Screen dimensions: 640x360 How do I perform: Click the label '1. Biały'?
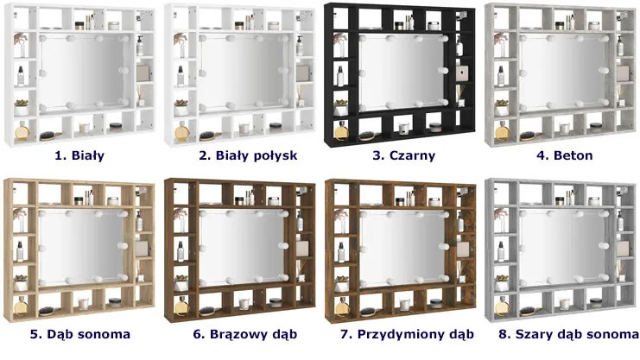tap(79, 155)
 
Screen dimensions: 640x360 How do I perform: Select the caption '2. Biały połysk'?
tap(248, 155)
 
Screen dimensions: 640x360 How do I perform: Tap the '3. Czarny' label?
tap(403, 155)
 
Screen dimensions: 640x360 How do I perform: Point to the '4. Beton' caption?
tap(565, 155)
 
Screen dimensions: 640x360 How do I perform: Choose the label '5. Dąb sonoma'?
tap(80, 334)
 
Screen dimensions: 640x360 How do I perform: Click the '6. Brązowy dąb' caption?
tap(245, 334)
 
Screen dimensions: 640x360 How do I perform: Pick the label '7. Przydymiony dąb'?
tap(407, 334)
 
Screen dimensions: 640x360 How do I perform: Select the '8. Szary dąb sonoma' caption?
tap(568, 334)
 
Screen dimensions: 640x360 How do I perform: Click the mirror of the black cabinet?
tap(402, 73)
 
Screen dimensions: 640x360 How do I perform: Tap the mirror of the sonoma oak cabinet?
tap(81, 248)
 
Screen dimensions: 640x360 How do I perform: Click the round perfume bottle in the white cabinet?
tap(22, 131)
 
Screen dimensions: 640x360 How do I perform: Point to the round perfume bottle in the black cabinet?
tap(341, 131)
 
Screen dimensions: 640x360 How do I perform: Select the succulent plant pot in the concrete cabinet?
tap(502, 107)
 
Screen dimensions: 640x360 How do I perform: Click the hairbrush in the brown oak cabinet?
tap(208, 311)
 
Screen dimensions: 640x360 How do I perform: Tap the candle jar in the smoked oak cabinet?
tap(404, 305)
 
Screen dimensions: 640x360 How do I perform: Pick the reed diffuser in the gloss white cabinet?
tap(301, 97)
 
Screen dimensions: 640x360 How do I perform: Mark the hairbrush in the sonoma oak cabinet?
tap(48, 311)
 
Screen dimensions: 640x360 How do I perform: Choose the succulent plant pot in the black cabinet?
tap(341, 107)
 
